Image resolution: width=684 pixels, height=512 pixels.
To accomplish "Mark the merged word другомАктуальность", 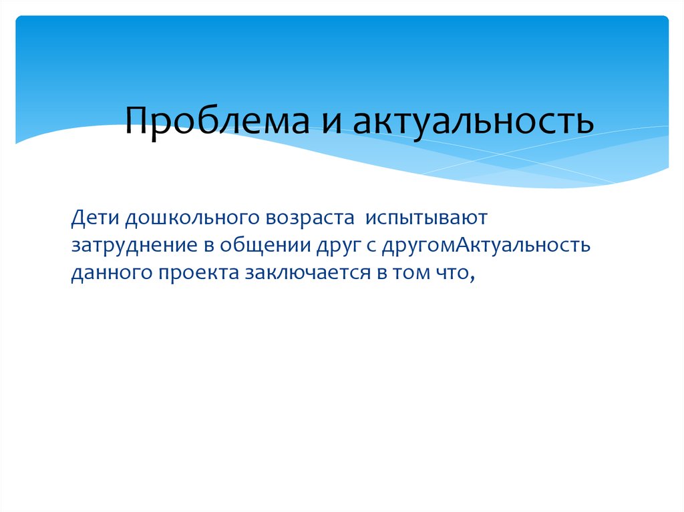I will coord(486,246).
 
